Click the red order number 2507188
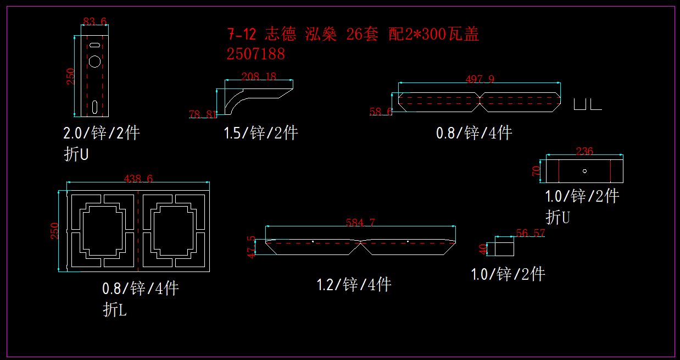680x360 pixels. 255,54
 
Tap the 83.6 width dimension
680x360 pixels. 94,21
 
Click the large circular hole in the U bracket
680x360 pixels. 95,61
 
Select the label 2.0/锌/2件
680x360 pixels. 102,133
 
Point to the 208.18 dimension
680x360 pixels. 259,77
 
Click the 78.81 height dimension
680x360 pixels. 203,114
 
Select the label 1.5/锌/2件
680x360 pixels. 260,133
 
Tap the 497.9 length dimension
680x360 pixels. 480,79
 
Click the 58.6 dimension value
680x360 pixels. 381,112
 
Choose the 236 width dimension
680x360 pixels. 584,151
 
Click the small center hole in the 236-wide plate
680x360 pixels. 584,170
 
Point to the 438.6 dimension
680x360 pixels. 138,179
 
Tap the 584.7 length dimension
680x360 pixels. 360,223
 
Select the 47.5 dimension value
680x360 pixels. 252,247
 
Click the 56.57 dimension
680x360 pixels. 531,233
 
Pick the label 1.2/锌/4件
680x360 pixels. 354,285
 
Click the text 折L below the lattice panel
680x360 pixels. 115,310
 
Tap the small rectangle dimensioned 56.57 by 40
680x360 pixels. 505,248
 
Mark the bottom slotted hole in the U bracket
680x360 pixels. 96,106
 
